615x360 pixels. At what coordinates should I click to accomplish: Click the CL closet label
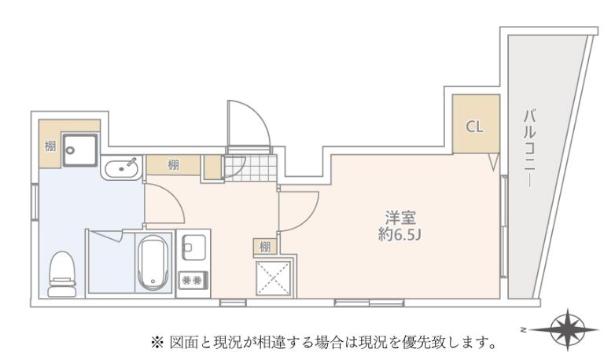click(474, 127)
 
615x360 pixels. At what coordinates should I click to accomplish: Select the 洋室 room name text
click(400, 218)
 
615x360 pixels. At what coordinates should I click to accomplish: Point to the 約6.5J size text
click(400, 234)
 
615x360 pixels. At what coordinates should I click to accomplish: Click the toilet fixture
click(62, 274)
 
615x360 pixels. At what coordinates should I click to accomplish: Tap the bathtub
click(154, 263)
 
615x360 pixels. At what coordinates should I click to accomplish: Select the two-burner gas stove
click(193, 280)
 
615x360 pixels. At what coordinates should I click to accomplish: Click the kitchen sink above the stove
click(194, 248)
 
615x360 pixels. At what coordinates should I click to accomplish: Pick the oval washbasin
click(121, 168)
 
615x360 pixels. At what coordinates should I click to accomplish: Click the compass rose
click(568, 329)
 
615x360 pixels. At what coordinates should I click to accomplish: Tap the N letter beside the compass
click(523, 329)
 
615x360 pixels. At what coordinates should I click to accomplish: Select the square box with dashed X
click(274, 277)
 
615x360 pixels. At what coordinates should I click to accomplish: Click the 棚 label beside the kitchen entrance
click(173, 165)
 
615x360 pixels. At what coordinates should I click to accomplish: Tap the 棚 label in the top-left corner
click(50, 147)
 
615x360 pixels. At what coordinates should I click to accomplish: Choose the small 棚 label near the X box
click(265, 247)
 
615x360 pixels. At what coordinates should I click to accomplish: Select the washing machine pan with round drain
click(80, 150)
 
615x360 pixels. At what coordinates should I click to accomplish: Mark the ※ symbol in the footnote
click(157, 343)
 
